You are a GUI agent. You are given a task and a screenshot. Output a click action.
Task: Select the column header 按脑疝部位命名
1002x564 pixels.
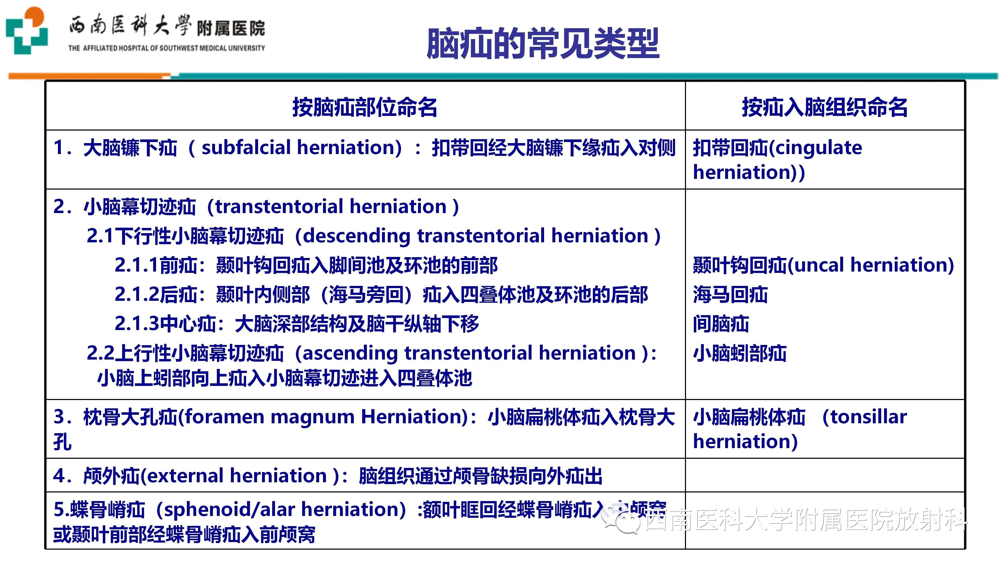pos(365,107)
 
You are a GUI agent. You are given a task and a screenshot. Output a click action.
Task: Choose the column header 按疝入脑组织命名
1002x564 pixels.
pos(825,107)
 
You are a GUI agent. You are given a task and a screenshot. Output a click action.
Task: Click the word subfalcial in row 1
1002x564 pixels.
pos(246,148)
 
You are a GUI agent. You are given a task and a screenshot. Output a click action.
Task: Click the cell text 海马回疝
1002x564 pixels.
pos(730,295)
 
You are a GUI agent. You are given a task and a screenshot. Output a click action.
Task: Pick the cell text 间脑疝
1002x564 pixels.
pos(721,324)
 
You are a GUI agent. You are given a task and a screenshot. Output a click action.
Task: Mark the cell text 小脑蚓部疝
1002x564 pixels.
pos(739,354)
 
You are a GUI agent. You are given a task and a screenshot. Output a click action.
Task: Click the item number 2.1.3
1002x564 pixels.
pos(137,324)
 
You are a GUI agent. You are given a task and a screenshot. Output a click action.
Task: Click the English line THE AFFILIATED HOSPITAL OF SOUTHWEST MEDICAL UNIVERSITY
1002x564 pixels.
pos(166,48)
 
